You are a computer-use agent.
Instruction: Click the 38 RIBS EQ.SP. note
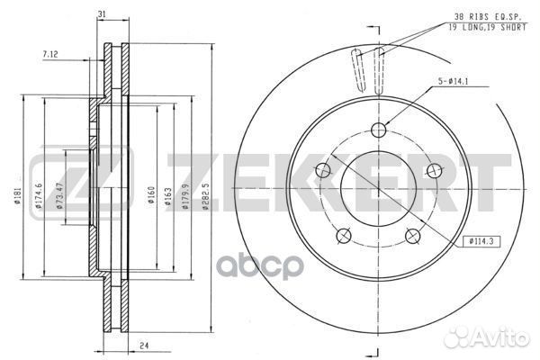point(487,16)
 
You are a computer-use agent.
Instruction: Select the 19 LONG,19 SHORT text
point(487,28)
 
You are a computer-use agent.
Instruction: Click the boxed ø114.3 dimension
point(481,241)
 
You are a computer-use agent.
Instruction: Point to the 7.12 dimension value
point(50,54)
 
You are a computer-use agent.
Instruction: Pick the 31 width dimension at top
point(102,14)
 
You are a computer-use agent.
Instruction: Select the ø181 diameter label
point(18,195)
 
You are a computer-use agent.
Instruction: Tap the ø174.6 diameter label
point(38,195)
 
